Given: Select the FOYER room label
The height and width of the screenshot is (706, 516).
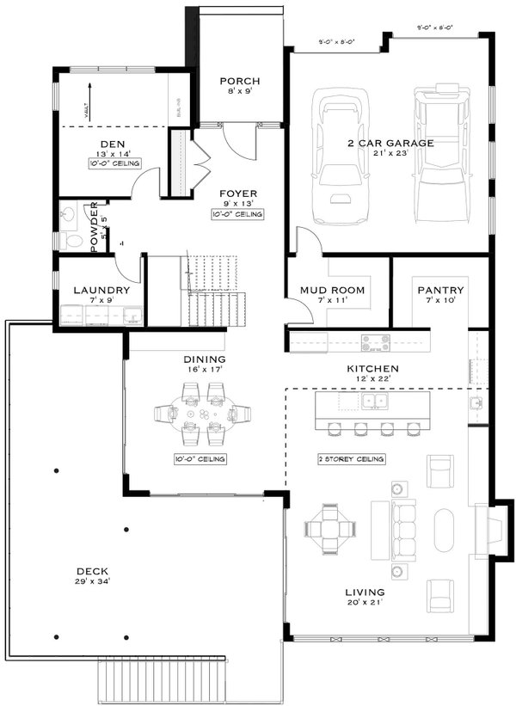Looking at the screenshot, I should click(237, 193).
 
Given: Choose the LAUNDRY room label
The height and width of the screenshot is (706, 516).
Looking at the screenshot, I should click(101, 291).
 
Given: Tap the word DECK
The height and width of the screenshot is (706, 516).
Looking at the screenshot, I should click(91, 570).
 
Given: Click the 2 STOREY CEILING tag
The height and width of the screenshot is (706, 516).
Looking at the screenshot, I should click(351, 459).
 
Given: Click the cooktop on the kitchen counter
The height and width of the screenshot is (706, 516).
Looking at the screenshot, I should click(375, 342).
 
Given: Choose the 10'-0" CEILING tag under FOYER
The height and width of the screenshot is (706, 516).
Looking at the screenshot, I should click(237, 213).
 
